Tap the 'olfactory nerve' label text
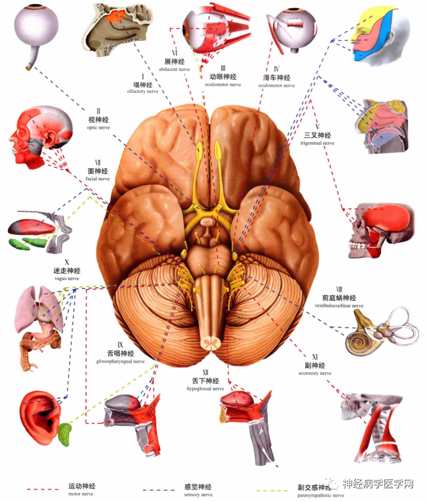(143, 92)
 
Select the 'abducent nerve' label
(174, 69)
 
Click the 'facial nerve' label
(97, 179)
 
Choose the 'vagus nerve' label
(66, 279)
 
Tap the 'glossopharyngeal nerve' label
(120, 361)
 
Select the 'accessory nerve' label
(314, 373)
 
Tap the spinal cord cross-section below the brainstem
(209, 343)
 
